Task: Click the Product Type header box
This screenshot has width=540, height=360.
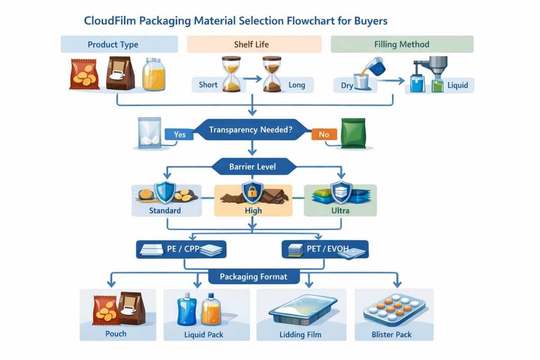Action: tap(113, 45)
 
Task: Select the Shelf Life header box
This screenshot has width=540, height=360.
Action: tap(254, 45)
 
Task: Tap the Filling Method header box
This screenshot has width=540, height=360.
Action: tap(402, 45)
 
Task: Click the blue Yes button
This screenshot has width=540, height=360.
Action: tap(179, 134)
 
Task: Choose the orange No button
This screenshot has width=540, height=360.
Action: tap(324, 134)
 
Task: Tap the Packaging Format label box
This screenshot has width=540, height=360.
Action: tap(253, 276)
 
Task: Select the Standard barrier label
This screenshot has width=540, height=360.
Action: tap(165, 210)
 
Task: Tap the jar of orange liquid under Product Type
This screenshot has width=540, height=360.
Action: tap(154, 74)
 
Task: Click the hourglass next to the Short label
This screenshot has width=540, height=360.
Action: tap(232, 74)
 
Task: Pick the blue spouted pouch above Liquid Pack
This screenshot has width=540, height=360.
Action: tap(186, 310)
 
